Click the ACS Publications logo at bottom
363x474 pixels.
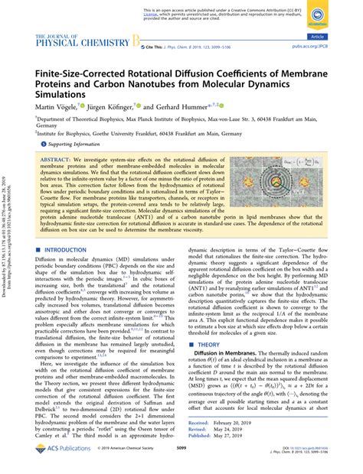tap(62, 461)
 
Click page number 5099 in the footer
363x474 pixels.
tap(181, 461)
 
